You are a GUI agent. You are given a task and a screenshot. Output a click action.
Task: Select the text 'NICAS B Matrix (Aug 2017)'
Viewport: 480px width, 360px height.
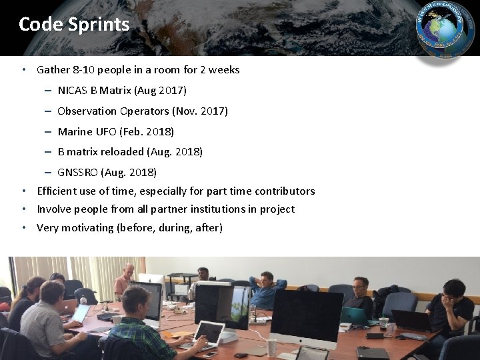coord(122,90)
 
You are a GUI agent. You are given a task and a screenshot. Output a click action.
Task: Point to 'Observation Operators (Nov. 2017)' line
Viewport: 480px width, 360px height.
coord(143,111)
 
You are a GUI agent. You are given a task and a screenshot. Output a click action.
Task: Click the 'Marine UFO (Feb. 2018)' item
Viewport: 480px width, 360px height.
coord(116,131)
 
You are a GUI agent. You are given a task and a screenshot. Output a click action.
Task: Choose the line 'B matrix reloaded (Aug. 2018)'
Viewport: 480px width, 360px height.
coord(130,151)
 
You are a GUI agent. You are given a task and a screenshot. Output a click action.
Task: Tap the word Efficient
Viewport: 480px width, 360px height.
coord(57,191)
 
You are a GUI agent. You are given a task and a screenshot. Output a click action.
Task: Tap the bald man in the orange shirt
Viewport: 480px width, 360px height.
coord(125,281)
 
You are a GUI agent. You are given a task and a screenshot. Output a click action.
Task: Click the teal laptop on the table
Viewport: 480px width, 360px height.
coord(353,316)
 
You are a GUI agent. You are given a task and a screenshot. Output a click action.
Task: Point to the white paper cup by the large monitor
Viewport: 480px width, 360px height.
coord(272,347)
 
